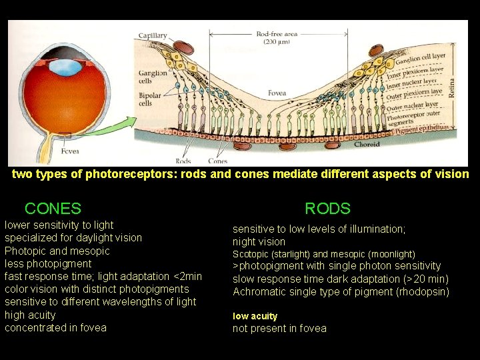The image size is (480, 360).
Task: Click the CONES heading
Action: click(x=53, y=209)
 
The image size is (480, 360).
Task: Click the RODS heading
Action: click(x=327, y=209)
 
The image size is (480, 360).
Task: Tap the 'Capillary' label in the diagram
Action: click(x=153, y=35)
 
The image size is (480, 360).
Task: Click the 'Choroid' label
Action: click(x=367, y=144)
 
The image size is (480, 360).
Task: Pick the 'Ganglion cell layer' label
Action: click(x=419, y=59)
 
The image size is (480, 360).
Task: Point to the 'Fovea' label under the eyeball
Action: click(x=69, y=151)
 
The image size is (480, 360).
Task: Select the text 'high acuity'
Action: click(x=30, y=315)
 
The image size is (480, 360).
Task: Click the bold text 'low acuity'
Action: click(x=255, y=316)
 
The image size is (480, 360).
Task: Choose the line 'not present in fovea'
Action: click(x=279, y=328)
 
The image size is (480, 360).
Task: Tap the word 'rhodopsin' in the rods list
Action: click(x=424, y=292)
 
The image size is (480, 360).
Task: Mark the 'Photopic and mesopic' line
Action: click(x=57, y=251)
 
